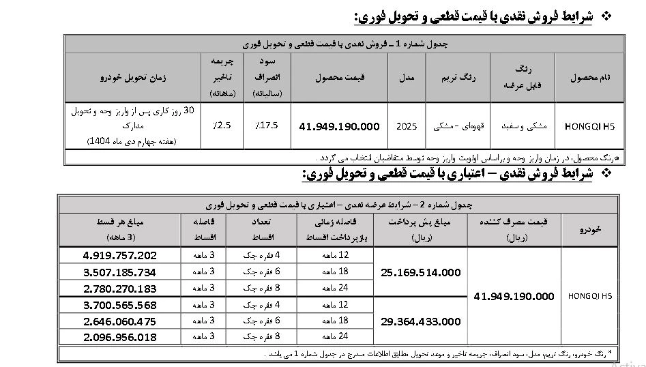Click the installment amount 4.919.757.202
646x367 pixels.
pos(119,256)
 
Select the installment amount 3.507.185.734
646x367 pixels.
pos(119,272)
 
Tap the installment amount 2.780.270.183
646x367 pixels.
pos(119,289)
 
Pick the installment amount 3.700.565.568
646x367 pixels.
pos(119,305)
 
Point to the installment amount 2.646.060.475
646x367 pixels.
pos(119,321)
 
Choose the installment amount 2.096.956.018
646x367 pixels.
pos(119,337)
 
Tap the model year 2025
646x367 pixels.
pos(407,126)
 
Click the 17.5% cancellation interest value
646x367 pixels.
pos(266,126)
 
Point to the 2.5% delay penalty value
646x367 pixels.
pos(222,126)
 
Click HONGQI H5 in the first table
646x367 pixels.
pos(590,126)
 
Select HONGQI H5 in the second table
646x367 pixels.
pos(590,296)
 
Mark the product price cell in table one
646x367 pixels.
pos(339,126)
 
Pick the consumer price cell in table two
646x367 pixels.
pos(514,296)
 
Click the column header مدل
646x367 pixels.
pos(407,77)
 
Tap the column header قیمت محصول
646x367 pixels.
pos(339,77)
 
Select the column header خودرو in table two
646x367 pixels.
pos(590,230)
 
